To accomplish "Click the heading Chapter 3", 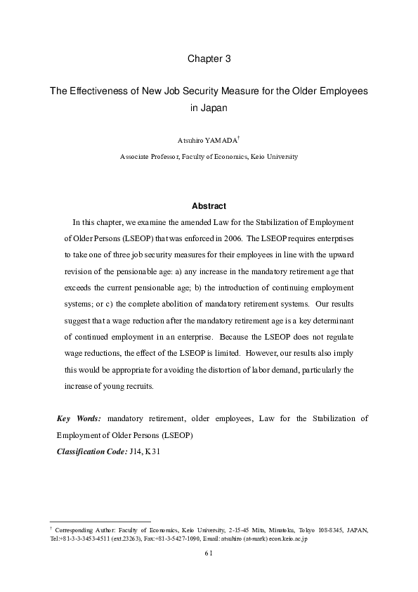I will tap(209, 60).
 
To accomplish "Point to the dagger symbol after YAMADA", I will tap(239, 138).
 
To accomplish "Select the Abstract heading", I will tap(209, 206).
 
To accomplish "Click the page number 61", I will tap(209, 552).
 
